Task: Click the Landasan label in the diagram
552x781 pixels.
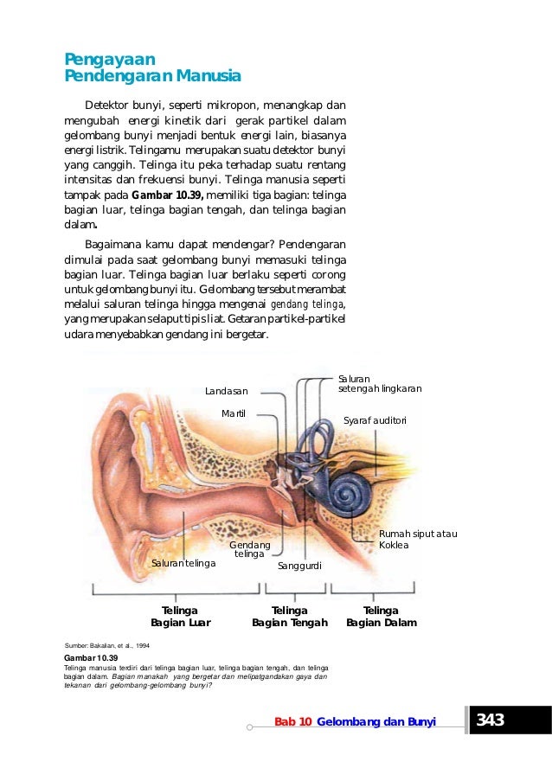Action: pos(226,392)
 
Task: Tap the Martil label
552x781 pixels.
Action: pos(234,413)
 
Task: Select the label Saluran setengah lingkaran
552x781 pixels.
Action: pos(379,384)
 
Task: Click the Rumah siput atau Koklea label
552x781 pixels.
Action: pos(417,539)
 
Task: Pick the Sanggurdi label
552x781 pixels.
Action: pos(299,566)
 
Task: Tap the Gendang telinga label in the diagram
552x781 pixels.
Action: pos(250,549)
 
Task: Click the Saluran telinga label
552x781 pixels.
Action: pos(183,563)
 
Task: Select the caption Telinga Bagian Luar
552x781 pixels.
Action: pos(180,616)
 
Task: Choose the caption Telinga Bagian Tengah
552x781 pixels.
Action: pos(289,616)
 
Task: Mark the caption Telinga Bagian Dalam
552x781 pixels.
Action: pos(381,616)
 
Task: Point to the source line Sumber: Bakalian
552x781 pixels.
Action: pos(102,645)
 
